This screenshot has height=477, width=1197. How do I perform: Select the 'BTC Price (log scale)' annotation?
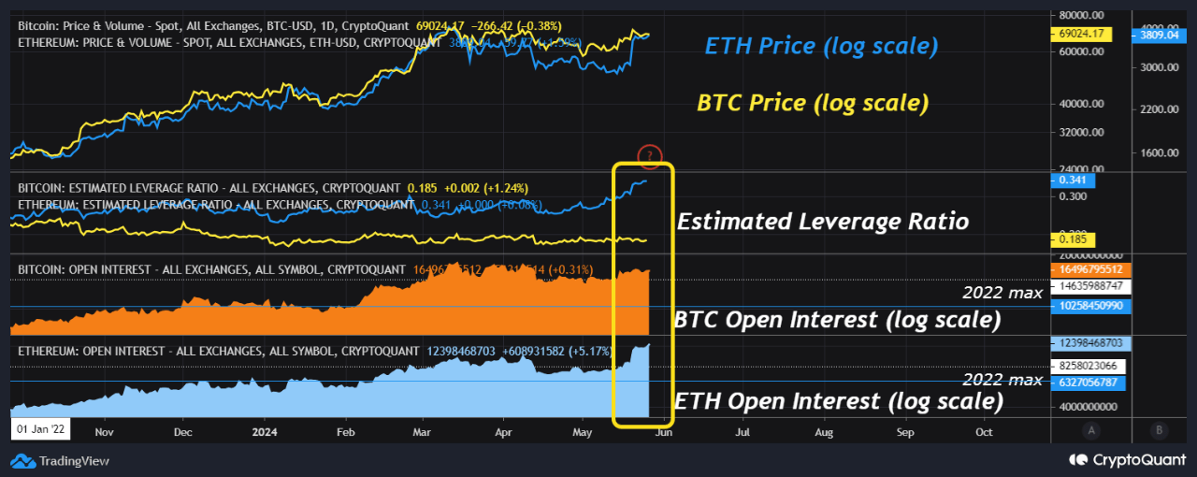pyautogui.click(x=813, y=103)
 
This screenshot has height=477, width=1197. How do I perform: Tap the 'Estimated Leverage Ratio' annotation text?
pyautogui.click(x=822, y=222)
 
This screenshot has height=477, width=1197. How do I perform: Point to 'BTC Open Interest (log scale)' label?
pyautogui.click(x=837, y=320)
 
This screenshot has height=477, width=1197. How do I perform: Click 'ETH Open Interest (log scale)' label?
pyautogui.click(x=839, y=401)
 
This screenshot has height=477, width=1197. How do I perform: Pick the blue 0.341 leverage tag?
pyautogui.click(x=1074, y=180)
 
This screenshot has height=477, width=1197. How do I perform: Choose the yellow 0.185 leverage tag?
pyautogui.click(x=1074, y=240)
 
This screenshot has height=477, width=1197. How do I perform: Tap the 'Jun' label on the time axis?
pyautogui.click(x=662, y=433)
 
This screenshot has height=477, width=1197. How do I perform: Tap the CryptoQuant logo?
pyautogui.click(x=1127, y=460)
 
